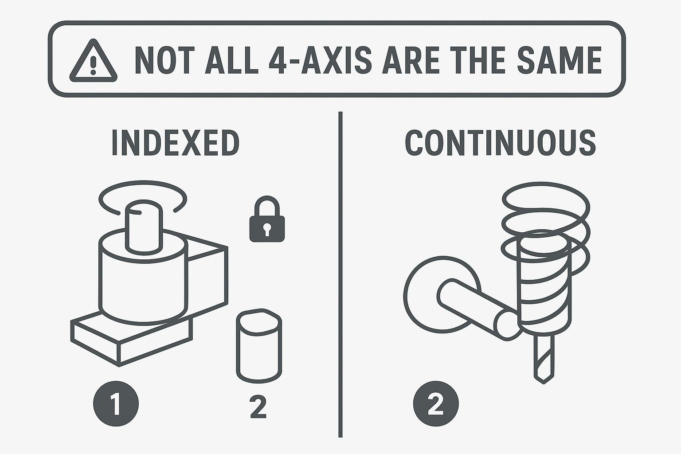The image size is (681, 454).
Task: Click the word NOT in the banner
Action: (x=164, y=60)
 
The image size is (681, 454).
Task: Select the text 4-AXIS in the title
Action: (x=320, y=60)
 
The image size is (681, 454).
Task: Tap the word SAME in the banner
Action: (x=560, y=60)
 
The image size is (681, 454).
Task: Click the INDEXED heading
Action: (x=176, y=143)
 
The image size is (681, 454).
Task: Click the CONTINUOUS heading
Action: (x=500, y=143)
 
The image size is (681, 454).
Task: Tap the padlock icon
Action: (x=267, y=219)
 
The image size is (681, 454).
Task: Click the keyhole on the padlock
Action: (x=267, y=229)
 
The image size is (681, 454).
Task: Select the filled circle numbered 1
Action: (x=116, y=403)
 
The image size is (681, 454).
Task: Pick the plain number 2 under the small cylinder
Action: (x=258, y=407)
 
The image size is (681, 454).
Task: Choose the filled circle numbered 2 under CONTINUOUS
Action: (x=436, y=403)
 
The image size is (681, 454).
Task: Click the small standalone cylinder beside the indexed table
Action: (x=259, y=346)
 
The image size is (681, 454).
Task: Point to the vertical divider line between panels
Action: (x=340, y=274)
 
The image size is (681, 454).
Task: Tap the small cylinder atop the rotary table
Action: (x=144, y=227)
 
